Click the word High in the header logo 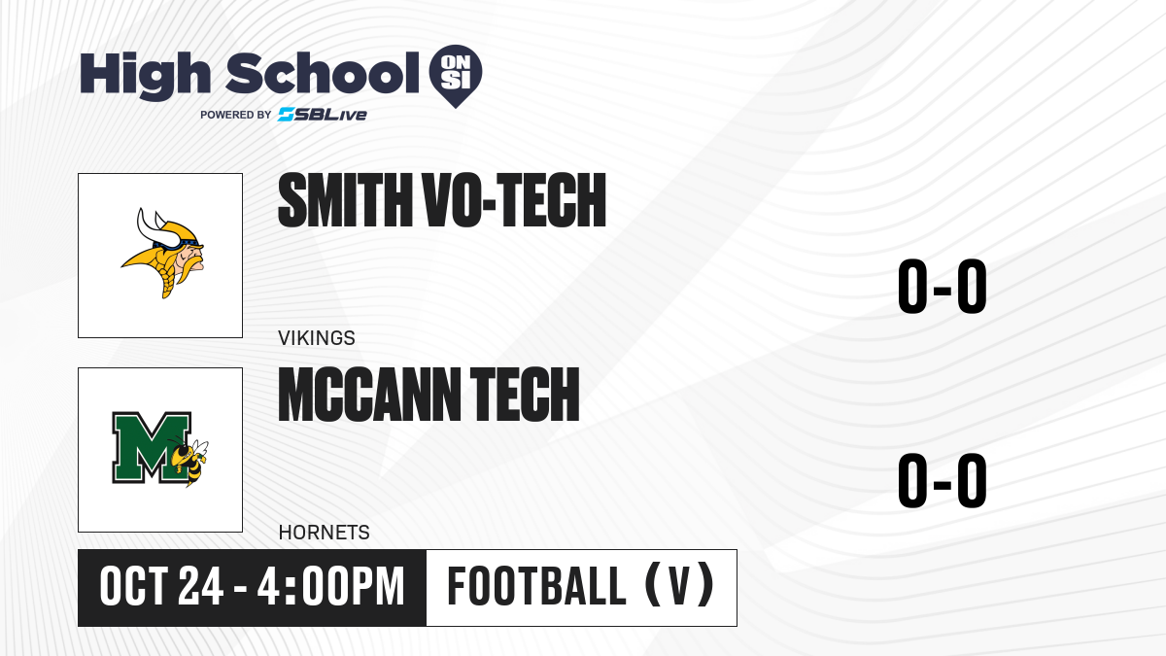[x=145, y=76]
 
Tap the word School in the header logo [x=323, y=73]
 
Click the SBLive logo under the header [x=323, y=115]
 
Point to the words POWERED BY [x=236, y=115]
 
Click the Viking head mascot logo [x=163, y=253]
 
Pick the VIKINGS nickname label [x=317, y=338]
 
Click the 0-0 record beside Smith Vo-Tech [x=943, y=287]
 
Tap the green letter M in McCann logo [x=151, y=446]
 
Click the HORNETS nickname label [x=325, y=533]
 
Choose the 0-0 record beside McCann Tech [x=943, y=480]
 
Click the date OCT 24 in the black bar [x=161, y=587]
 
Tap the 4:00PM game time [x=330, y=587]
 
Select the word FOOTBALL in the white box [x=536, y=587]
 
